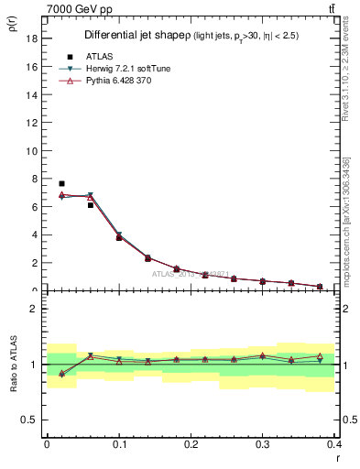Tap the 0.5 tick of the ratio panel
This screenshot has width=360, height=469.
click(x=29, y=420)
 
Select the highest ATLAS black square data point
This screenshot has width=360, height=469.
click(x=61, y=184)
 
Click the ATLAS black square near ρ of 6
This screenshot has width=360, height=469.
click(x=91, y=205)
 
